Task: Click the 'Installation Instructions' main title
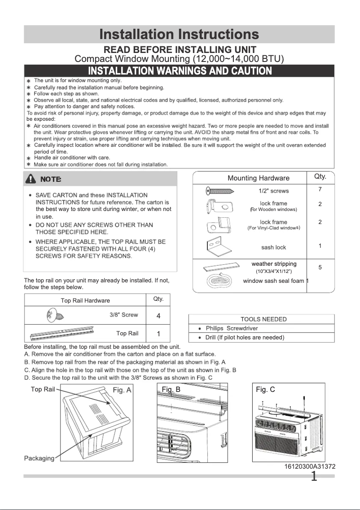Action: pyautogui.click(x=179, y=34)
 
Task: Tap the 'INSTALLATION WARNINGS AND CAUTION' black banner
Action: pyautogui.click(x=179, y=71)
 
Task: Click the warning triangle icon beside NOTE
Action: pyautogui.click(x=31, y=179)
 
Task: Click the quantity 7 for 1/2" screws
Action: pyautogui.click(x=320, y=189)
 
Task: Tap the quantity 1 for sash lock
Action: pyautogui.click(x=320, y=246)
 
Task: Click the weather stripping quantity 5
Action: pyautogui.click(x=320, y=268)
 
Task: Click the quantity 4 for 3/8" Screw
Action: pyautogui.click(x=158, y=316)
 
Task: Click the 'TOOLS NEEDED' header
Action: pyautogui.click(x=263, y=319)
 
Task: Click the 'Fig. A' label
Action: pyautogui.click(x=122, y=390)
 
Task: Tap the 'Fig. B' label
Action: pyautogui.click(x=171, y=390)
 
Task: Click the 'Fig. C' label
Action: pyautogui.click(x=265, y=390)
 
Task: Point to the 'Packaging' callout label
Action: pyautogui.click(x=39, y=458)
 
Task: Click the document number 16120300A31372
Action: pyautogui.click(x=310, y=467)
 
